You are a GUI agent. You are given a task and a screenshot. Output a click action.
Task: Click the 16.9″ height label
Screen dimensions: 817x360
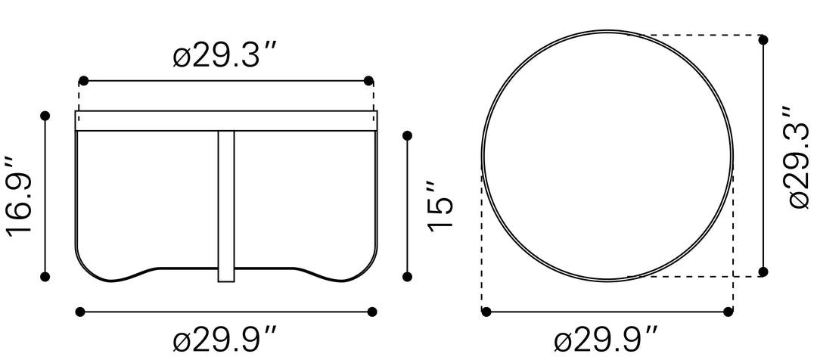coord(19,197)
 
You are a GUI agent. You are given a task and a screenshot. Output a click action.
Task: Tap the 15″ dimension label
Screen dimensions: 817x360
coord(441,205)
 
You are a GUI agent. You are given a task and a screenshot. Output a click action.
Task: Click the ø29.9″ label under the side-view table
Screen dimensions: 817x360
coord(223,341)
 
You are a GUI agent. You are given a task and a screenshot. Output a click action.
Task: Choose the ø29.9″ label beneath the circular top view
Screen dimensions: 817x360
coord(605,341)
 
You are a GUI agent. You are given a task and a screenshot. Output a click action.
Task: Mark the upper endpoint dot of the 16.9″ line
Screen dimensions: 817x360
coord(45,116)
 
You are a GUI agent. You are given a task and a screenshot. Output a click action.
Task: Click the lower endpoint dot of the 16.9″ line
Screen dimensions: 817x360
coord(45,277)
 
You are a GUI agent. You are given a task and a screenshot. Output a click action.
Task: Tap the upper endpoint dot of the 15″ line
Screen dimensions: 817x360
coord(408,136)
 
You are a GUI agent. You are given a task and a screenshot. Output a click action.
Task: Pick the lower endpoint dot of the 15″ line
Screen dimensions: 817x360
coord(408,277)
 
